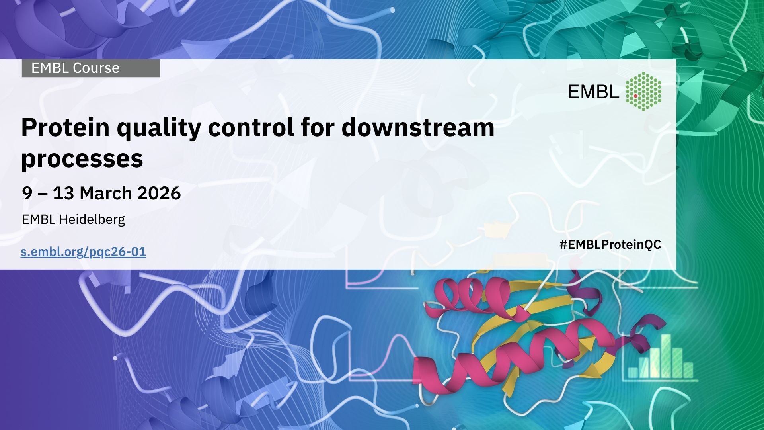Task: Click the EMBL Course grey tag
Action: [x=91, y=68]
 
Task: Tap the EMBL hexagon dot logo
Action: [x=643, y=91]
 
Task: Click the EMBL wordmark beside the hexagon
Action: [x=594, y=92]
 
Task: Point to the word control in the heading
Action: [x=248, y=127]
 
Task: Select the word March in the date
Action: [x=105, y=193]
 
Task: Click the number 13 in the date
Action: [x=63, y=193]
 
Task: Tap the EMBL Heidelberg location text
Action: [x=73, y=219]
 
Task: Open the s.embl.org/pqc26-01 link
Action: [x=84, y=252]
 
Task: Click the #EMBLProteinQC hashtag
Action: [x=610, y=245]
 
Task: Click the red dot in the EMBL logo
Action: [x=635, y=96]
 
